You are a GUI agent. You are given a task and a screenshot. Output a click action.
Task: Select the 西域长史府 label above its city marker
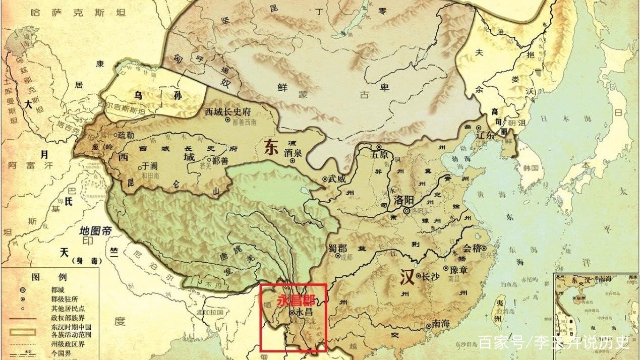[227, 111]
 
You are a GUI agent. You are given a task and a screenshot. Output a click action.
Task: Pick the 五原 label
[381, 155]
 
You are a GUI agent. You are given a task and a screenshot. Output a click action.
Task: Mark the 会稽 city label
[473, 248]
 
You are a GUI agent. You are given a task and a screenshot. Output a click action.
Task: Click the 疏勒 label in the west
[127, 135]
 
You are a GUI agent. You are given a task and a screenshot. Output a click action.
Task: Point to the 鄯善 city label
[222, 161]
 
